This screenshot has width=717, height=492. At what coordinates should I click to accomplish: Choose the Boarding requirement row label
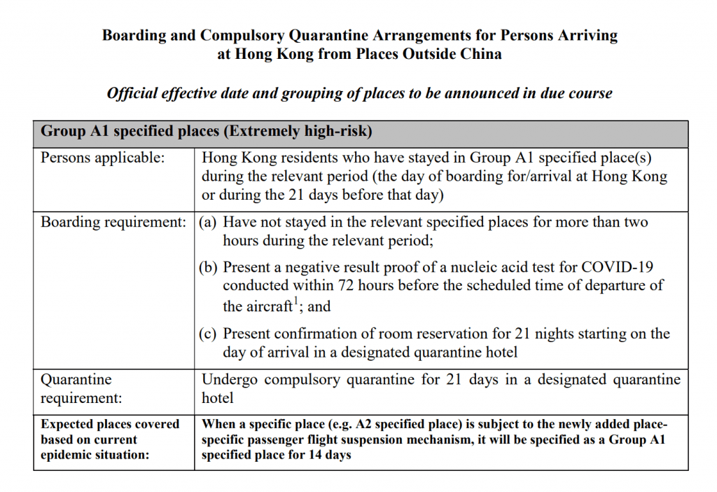(113, 222)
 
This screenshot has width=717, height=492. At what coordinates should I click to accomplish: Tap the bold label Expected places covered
(110, 424)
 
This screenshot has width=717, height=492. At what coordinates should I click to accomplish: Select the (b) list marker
(208, 267)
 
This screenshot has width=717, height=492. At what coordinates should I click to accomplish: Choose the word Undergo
(228, 380)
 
